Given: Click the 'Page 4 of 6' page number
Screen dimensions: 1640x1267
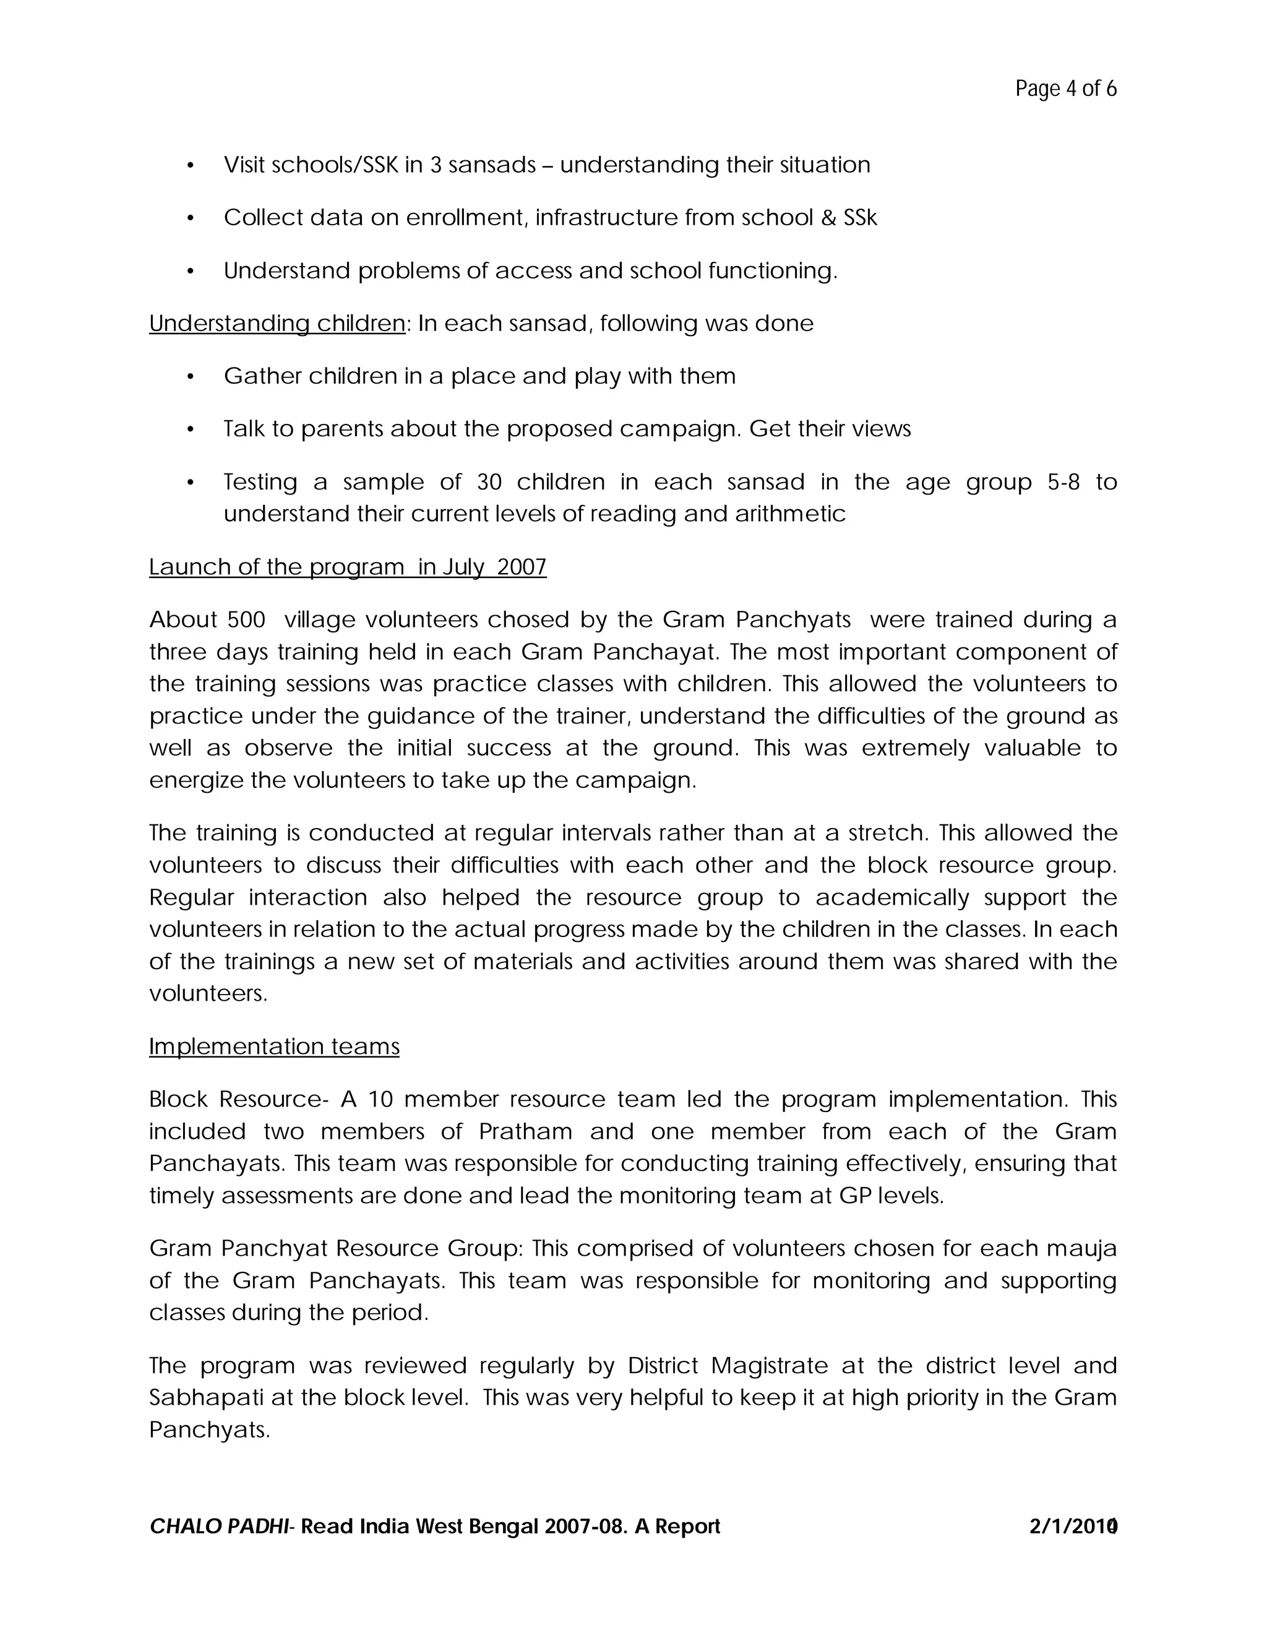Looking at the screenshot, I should click(x=1065, y=88).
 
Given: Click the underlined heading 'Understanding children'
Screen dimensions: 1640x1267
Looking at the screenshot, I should click(x=277, y=324).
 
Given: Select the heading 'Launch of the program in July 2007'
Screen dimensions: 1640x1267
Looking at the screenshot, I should click(x=348, y=567).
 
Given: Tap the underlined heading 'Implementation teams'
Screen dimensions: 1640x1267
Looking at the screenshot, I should click(x=274, y=1047).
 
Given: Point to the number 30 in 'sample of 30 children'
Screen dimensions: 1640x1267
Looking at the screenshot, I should click(x=489, y=482).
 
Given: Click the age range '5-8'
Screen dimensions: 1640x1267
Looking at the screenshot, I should click(x=1063, y=482).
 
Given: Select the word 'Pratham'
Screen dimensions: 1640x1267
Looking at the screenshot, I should click(x=525, y=1132).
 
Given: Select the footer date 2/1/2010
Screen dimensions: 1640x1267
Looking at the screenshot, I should click(x=1073, y=1527).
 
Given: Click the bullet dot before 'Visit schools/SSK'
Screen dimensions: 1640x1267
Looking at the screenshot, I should click(x=191, y=166).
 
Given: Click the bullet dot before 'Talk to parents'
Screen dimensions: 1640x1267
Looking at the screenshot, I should click(x=191, y=429).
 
